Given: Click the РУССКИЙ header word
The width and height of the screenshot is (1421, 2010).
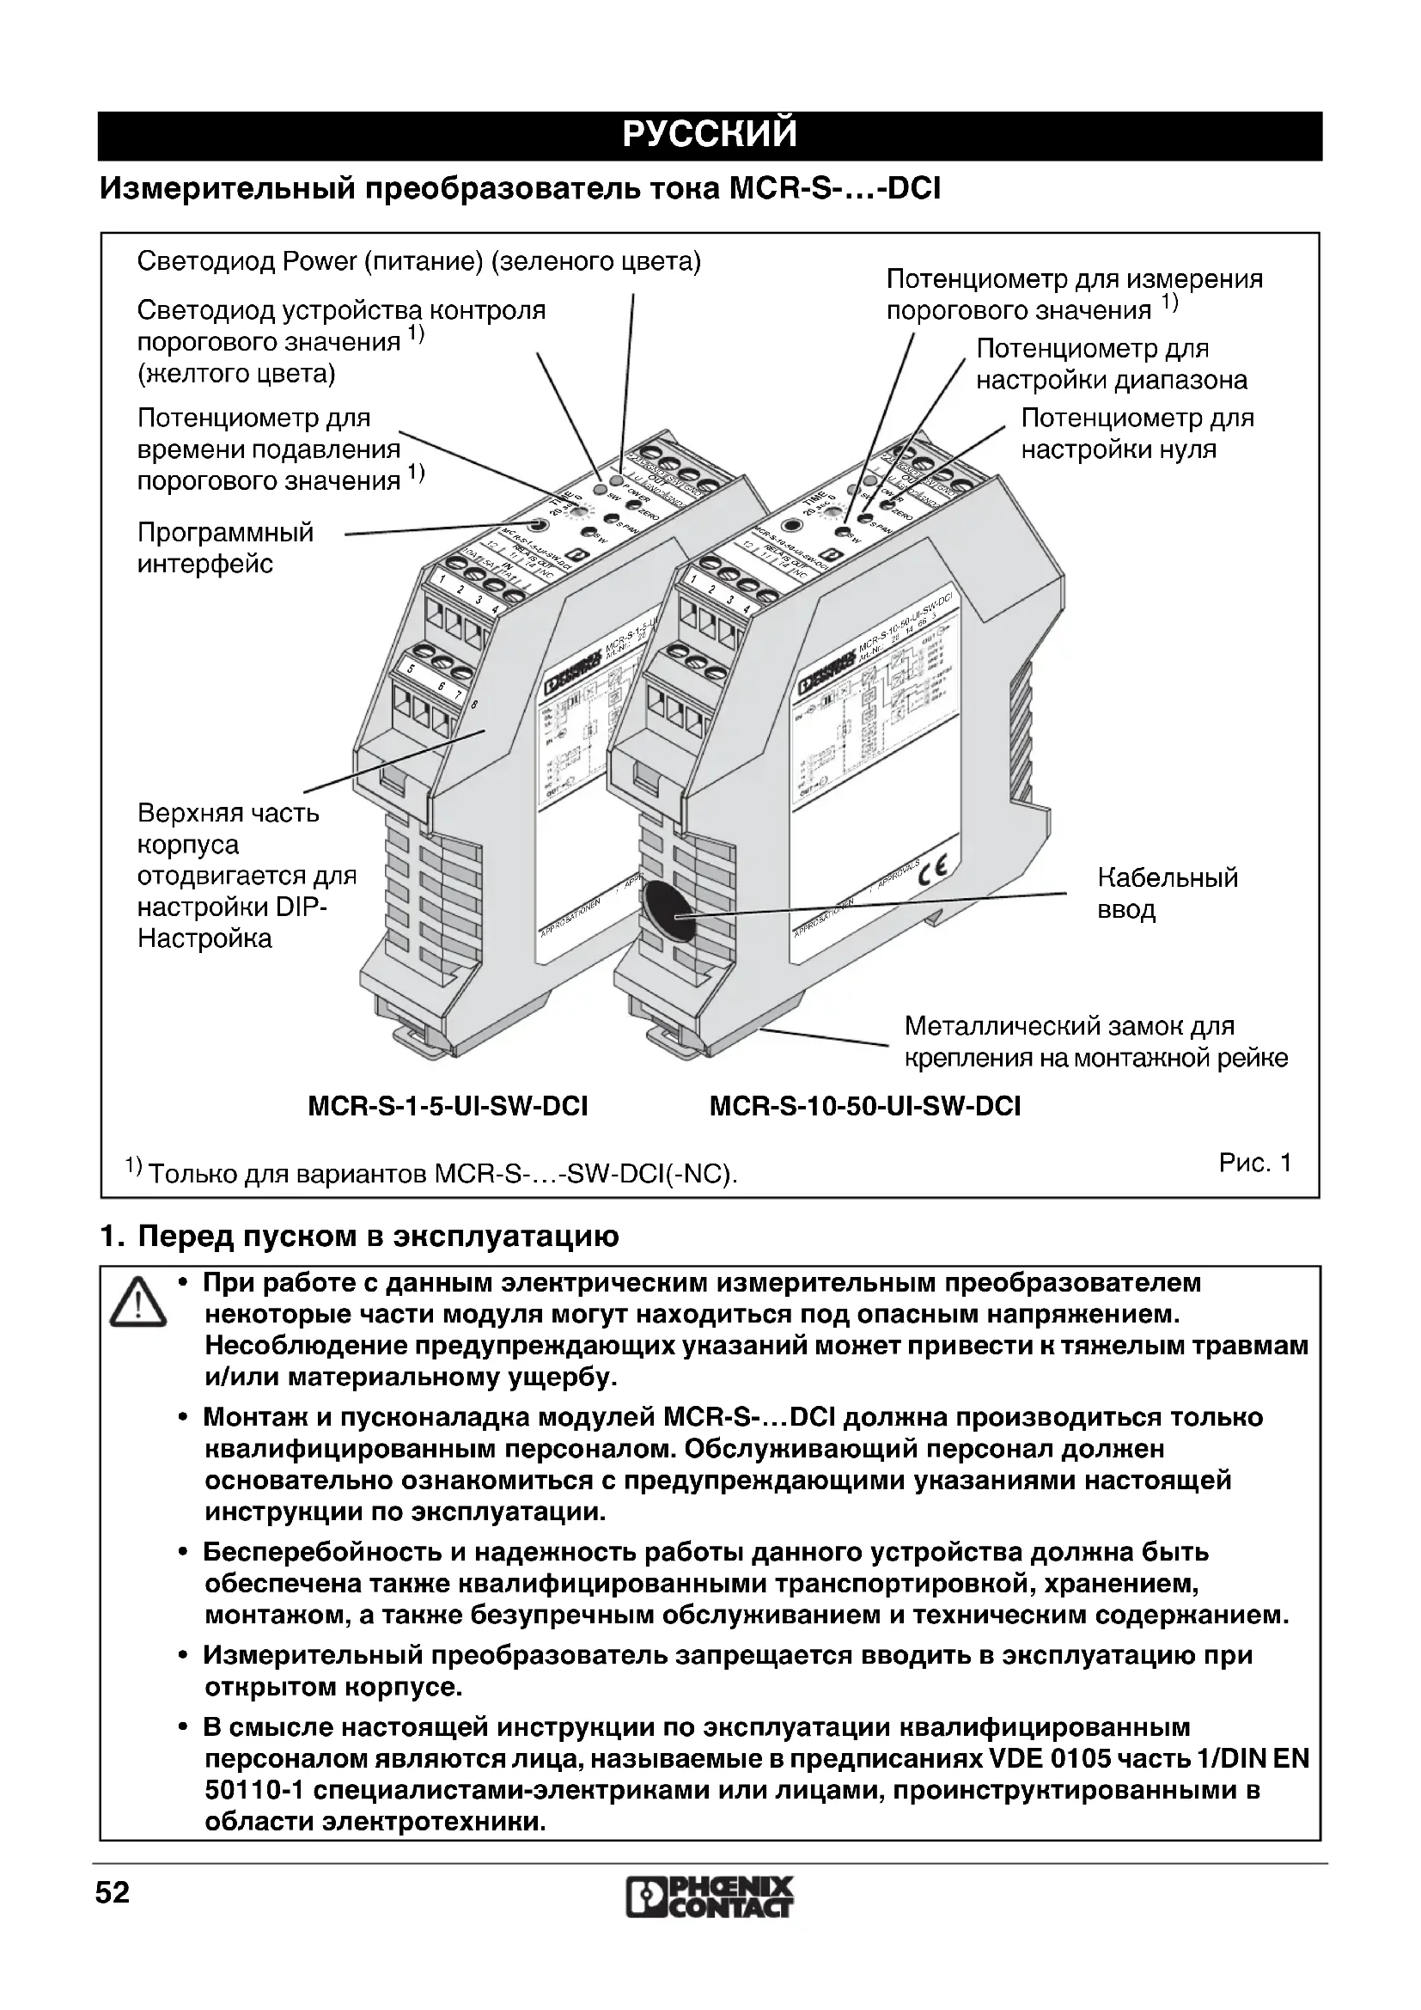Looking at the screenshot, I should coord(710,135).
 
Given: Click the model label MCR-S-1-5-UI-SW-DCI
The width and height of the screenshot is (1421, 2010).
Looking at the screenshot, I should coord(447,1107).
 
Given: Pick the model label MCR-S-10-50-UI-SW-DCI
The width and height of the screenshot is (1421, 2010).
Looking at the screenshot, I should coord(864,1107).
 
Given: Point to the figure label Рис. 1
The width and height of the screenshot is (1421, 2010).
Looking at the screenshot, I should coord(1254,1163).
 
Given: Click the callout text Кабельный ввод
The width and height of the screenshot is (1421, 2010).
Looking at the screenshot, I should coord(1168,893).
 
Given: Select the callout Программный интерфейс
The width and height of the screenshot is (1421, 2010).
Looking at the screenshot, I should coord(225,548).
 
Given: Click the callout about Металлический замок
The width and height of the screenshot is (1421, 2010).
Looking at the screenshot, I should coord(1095,1042).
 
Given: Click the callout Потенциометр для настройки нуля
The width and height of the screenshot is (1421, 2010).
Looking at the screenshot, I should coord(1137,433).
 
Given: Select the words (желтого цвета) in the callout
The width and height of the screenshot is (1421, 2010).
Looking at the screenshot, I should coord(236,374).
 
